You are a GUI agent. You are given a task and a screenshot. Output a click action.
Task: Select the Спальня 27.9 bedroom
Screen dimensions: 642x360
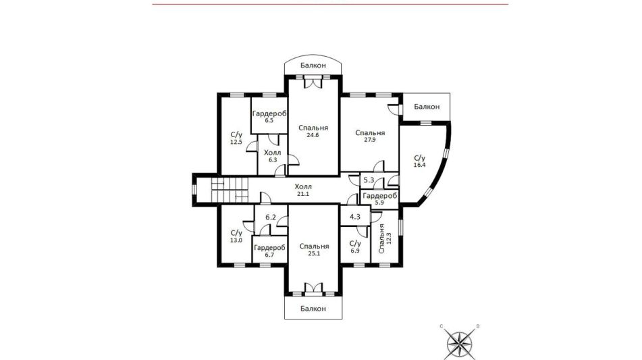tap(370, 135)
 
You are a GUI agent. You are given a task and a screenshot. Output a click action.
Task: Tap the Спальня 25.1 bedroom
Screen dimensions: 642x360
tap(314, 249)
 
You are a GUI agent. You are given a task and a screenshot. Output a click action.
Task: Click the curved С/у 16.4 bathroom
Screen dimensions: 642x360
tap(420, 162)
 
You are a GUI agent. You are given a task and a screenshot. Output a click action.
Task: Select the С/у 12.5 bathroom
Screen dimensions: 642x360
tap(237, 138)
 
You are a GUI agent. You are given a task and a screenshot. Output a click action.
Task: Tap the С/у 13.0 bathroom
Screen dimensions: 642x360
tap(236, 236)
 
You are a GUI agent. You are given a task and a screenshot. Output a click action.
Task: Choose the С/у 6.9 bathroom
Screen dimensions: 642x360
tap(355, 247)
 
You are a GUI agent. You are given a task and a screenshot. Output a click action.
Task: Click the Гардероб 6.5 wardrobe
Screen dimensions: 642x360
tap(269, 116)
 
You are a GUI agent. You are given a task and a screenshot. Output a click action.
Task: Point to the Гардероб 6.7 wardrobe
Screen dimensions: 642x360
tap(269, 251)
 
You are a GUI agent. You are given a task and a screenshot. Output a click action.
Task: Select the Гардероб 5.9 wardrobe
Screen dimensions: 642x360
tap(379, 199)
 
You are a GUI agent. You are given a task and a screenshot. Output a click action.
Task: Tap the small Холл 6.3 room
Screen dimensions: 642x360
tap(272, 156)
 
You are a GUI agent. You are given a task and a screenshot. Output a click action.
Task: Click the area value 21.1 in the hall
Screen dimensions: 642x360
tap(303, 194)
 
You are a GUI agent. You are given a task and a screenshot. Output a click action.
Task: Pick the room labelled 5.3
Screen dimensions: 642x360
tap(369, 180)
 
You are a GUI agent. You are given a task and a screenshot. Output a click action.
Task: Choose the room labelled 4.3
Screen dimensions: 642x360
tap(355, 217)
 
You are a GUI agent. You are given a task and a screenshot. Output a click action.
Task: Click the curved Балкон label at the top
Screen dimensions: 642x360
tap(313, 65)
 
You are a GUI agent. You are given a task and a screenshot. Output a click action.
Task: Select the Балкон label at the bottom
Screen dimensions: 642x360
tap(313, 309)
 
